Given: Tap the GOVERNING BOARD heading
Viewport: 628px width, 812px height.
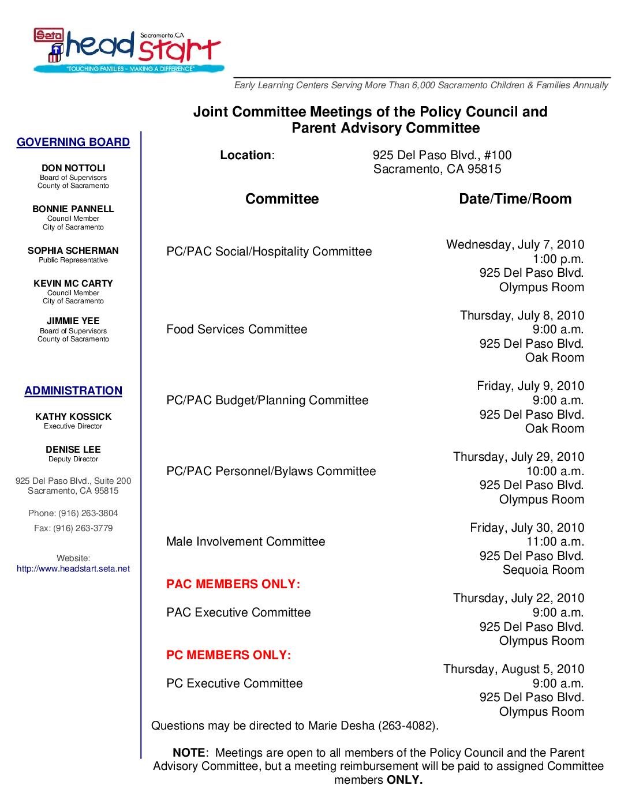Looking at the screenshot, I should pyautogui.click(x=73, y=142).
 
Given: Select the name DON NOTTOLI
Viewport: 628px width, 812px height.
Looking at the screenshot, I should pyautogui.click(x=73, y=168).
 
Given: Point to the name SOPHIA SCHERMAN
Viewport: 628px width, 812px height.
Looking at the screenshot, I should pyautogui.click(x=73, y=251).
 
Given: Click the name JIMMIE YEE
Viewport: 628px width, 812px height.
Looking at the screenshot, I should pyautogui.click(x=73, y=321).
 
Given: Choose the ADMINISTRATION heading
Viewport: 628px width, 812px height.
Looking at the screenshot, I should pyautogui.click(x=73, y=391).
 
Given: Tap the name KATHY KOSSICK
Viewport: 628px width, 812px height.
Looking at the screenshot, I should pyautogui.click(x=73, y=416).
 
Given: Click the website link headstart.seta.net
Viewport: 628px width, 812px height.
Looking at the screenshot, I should pyautogui.click(x=73, y=569).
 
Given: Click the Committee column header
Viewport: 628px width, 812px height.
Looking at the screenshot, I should pyautogui.click(x=282, y=199).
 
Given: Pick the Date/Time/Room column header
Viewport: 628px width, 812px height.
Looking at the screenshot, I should pyautogui.click(x=515, y=199).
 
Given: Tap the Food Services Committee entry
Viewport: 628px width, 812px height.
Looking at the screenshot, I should pyautogui.click(x=237, y=329).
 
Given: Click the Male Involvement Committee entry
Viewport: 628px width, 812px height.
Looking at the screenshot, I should pyautogui.click(x=245, y=542).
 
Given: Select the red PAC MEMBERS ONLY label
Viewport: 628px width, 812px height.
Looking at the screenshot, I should pyautogui.click(x=233, y=584).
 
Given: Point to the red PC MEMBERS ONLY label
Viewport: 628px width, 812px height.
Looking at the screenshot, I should pyautogui.click(x=229, y=655).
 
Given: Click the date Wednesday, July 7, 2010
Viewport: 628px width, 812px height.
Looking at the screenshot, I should pyautogui.click(x=515, y=245).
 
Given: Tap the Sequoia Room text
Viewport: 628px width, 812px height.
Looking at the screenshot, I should pyautogui.click(x=543, y=570).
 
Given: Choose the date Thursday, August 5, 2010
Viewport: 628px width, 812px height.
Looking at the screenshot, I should pyautogui.click(x=514, y=669).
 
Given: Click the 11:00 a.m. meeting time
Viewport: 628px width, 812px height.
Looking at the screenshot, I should pyautogui.click(x=555, y=542).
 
